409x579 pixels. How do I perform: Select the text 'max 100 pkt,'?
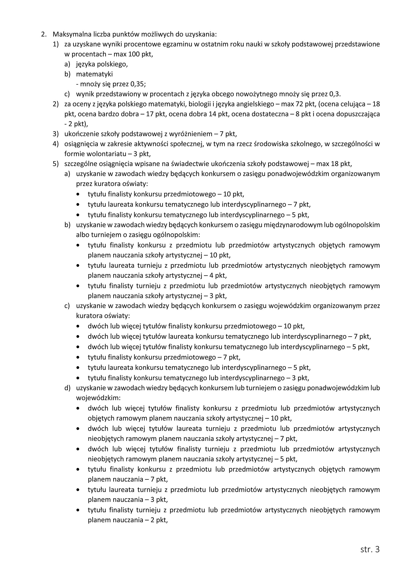(133, 54)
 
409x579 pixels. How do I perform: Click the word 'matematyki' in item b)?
(94, 74)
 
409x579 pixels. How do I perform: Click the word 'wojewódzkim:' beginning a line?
(98, 398)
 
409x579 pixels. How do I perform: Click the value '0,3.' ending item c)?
(335, 94)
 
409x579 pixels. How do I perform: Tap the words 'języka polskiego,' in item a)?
(102, 64)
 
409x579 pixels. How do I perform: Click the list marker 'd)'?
(67, 388)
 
